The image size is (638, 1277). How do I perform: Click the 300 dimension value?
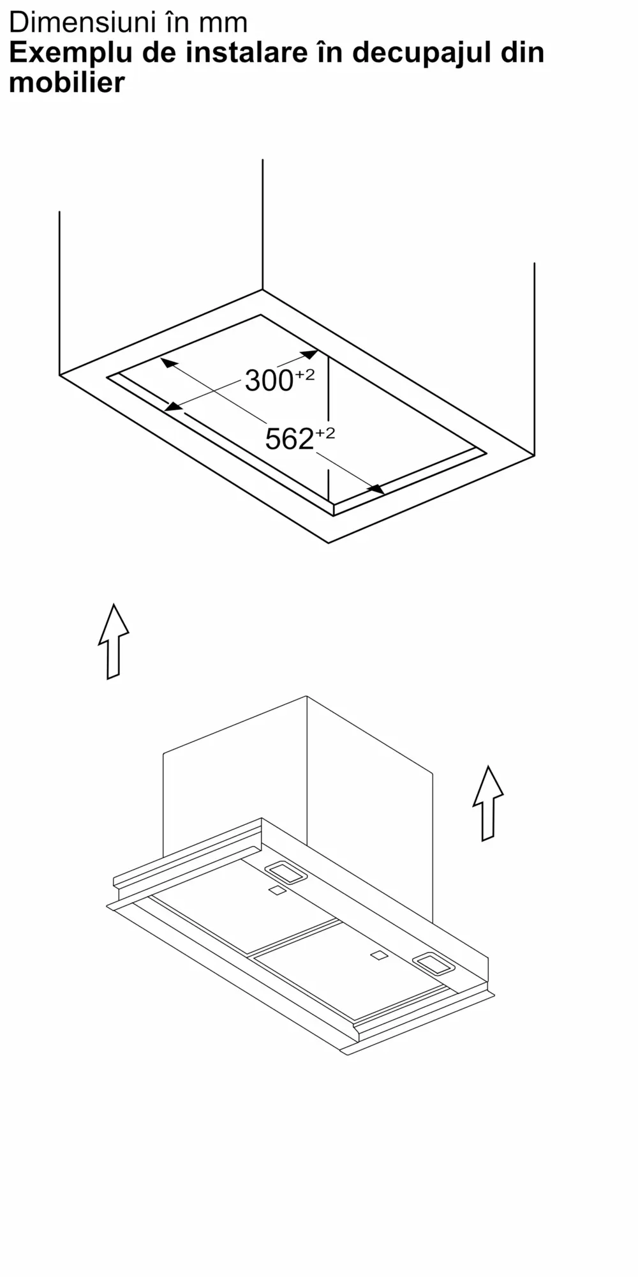coord(269,381)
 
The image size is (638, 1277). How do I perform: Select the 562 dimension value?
coord(289,439)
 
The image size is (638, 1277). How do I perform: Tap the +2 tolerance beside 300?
coord(304,375)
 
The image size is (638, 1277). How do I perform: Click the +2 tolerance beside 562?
coord(325,434)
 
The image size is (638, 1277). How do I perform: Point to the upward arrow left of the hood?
coord(114,641)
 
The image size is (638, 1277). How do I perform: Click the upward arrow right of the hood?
coord(488,803)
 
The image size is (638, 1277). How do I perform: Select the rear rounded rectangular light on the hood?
coord(286,873)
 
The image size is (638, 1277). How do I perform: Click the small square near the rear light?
coord(277,891)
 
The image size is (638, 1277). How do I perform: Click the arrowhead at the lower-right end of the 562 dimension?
coord(376,488)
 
